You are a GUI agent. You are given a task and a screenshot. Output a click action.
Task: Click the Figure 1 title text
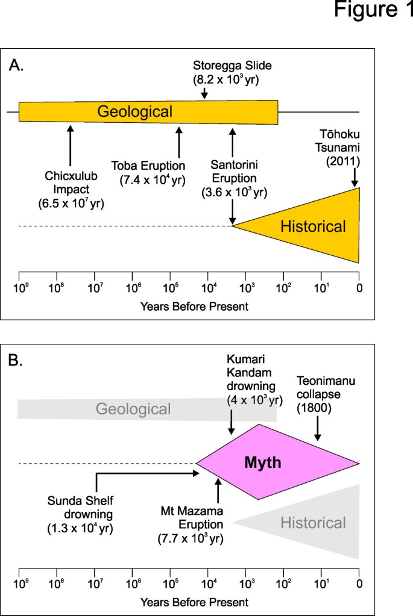(x=374, y=13)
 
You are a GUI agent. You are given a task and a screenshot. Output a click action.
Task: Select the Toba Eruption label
(x=148, y=172)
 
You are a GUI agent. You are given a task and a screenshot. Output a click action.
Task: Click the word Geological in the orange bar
(x=135, y=112)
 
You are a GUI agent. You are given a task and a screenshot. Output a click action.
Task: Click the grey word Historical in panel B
(x=313, y=522)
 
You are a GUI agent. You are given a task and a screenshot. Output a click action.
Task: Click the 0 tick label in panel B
(x=359, y=583)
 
